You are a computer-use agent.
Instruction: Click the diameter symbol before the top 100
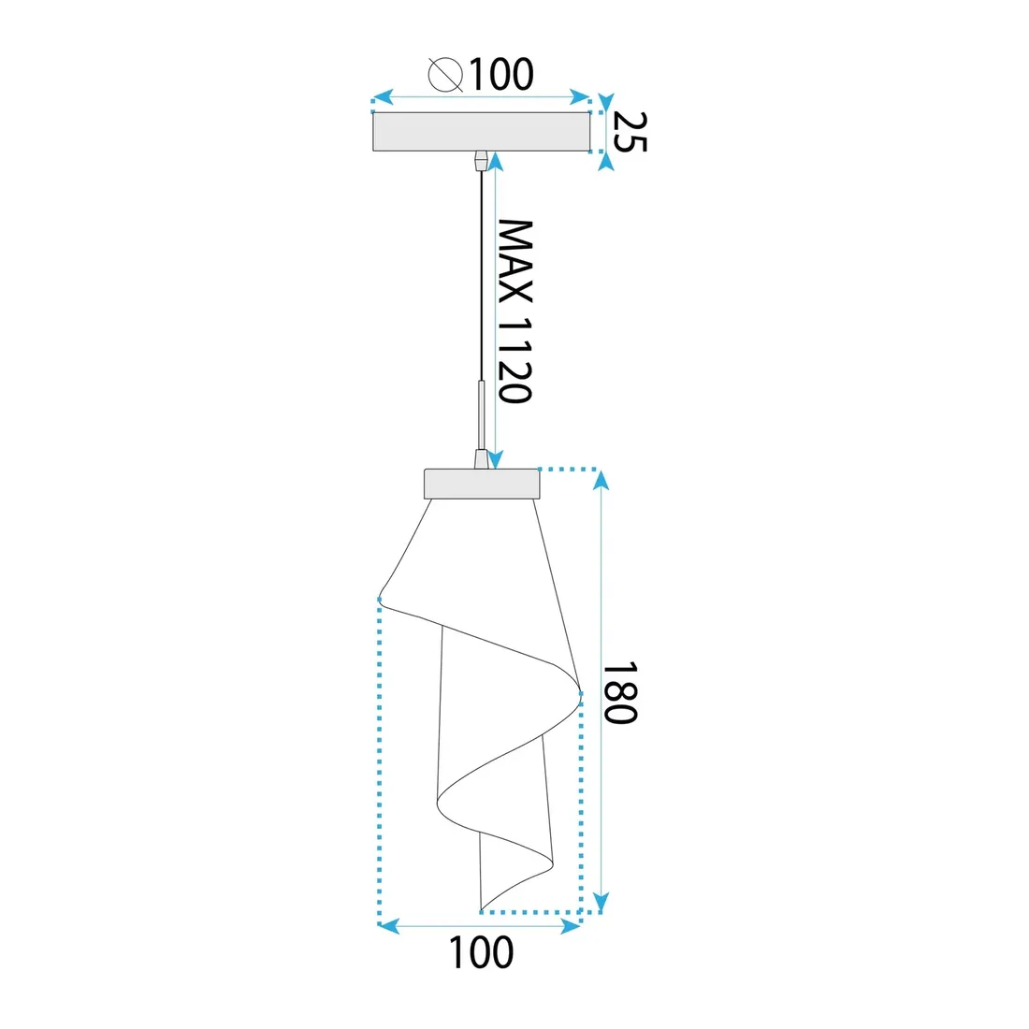(445, 74)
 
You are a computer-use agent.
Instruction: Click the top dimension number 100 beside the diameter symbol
(500, 74)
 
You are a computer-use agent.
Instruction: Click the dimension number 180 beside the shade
(619, 693)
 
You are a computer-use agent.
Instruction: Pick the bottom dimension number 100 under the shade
(481, 953)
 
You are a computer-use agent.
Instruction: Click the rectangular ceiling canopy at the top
(481, 132)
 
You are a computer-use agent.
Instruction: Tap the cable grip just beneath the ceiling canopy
(481, 160)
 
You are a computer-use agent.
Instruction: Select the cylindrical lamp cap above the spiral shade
(482, 484)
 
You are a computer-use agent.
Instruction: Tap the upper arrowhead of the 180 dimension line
(601, 479)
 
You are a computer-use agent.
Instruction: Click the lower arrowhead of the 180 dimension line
(601, 901)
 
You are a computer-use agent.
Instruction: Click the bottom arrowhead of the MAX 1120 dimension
(496, 459)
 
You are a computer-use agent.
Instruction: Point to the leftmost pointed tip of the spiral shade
(380, 597)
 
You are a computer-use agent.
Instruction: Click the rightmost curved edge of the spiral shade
(580, 693)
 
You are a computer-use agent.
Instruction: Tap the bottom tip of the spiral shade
(481, 908)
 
